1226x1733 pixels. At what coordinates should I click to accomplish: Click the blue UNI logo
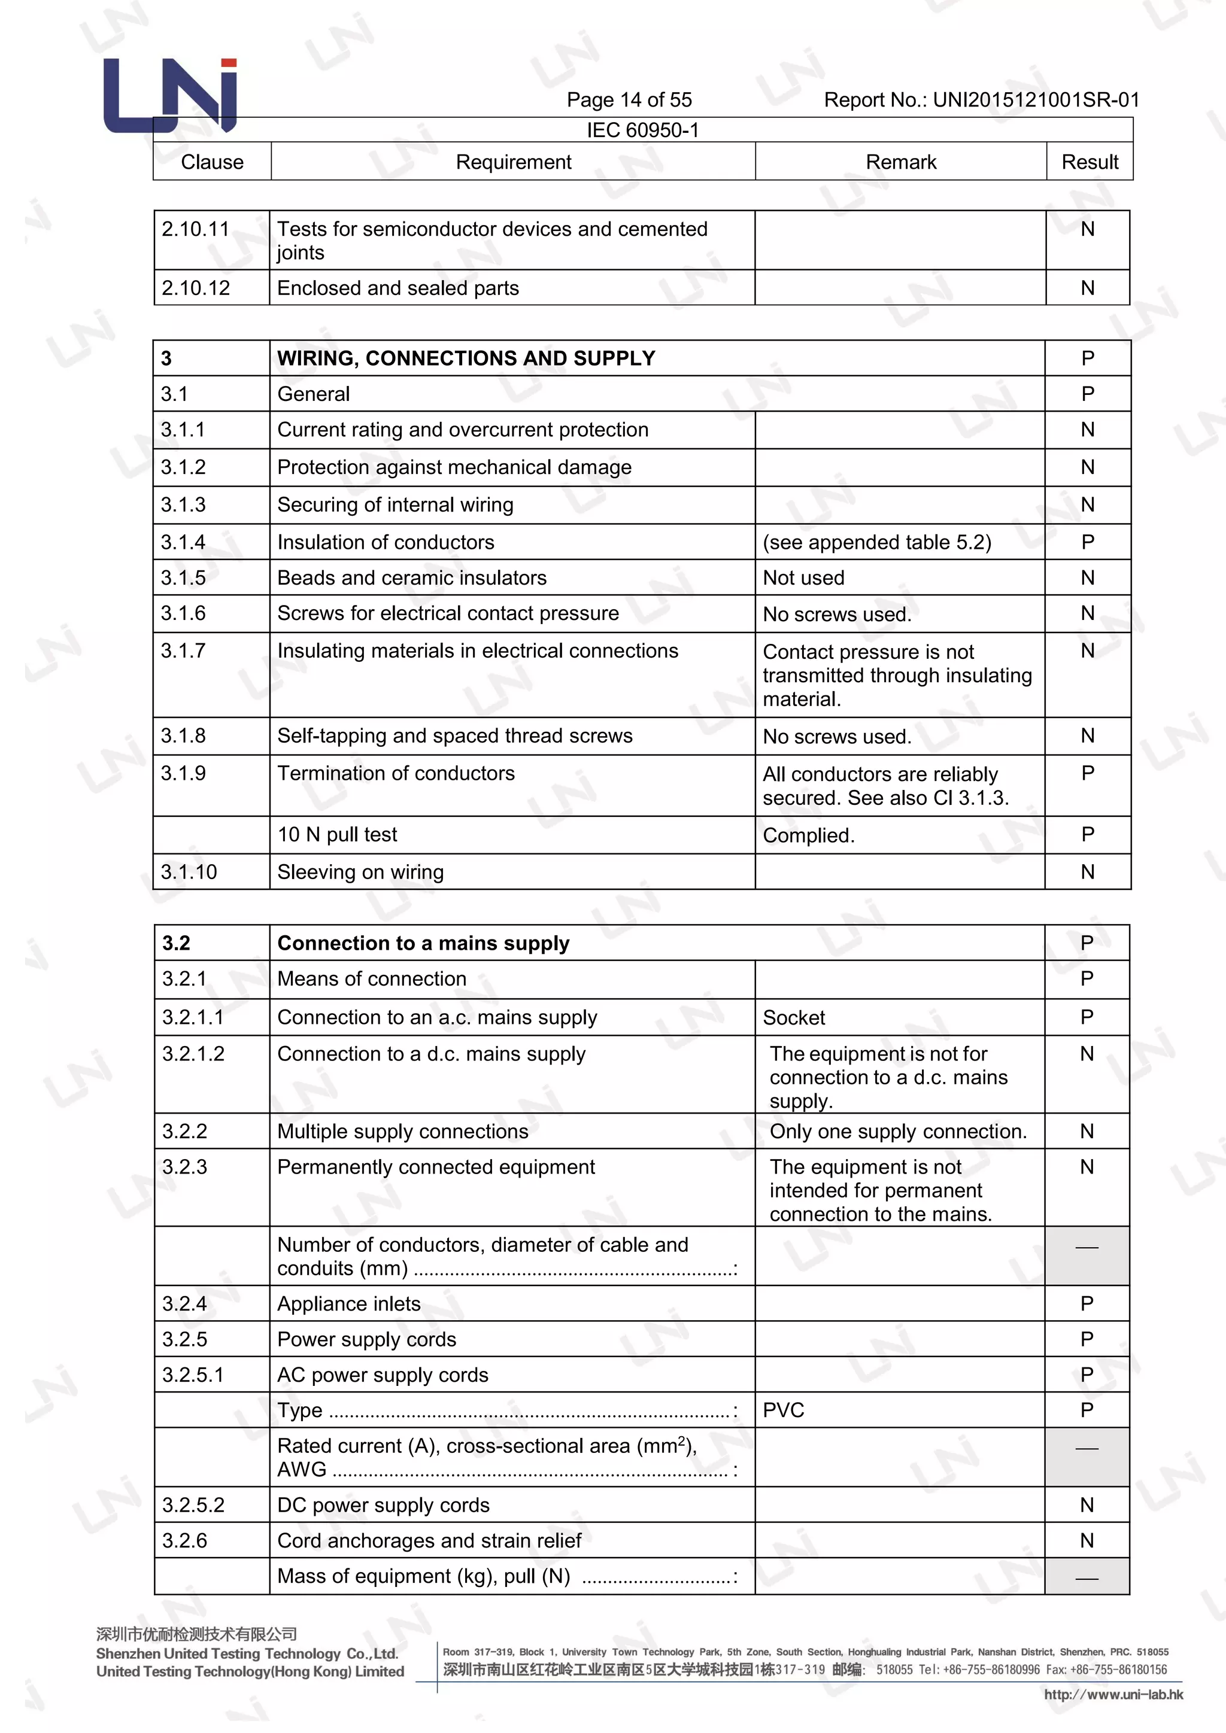click(171, 96)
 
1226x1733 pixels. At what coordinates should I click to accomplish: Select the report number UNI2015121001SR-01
click(1036, 99)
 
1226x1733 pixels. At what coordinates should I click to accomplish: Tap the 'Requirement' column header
click(514, 162)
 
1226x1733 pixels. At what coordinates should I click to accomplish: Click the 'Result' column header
click(1090, 162)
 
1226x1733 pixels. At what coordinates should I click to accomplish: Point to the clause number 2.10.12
click(196, 288)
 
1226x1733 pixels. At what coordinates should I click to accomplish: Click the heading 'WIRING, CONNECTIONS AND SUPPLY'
click(466, 358)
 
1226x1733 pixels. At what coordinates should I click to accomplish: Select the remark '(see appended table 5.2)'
click(876, 542)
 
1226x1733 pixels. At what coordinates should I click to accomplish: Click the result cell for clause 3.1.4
click(1087, 542)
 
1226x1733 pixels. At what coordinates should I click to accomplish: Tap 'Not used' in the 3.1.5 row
click(803, 578)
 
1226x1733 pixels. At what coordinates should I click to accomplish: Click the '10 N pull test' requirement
click(336, 835)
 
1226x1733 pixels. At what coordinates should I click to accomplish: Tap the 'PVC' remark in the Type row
click(784, 1410)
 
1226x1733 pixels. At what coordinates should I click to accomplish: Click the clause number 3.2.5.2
click(193, 1505)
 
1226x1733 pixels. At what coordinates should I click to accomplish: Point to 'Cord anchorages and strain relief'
click(429, 1540)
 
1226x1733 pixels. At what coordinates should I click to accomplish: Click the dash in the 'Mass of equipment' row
click(1087, 1577)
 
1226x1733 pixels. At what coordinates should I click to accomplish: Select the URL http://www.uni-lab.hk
click(1113, 1695)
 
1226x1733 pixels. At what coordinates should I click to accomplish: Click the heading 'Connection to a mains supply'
click(423, 944)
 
